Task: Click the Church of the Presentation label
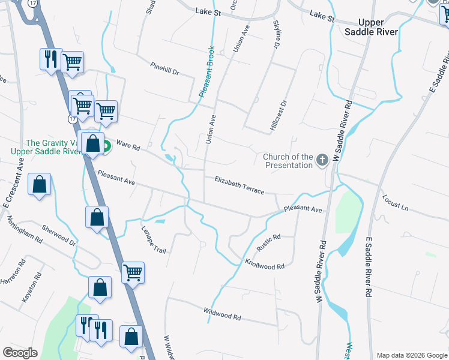(x=288, y=161)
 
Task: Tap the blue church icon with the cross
(x=322, y=160)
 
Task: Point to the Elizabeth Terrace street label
(x=240, y=185)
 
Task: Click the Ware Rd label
(x=128, y=145)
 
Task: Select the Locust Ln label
(x=396, y=203)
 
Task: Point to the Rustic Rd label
(x=268, y=243)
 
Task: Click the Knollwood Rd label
(x=264, y=263)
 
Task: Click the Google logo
(x=20, y=353)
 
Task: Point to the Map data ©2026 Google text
(x=411, y=355)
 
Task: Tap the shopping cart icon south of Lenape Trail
(x=133, y=273)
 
